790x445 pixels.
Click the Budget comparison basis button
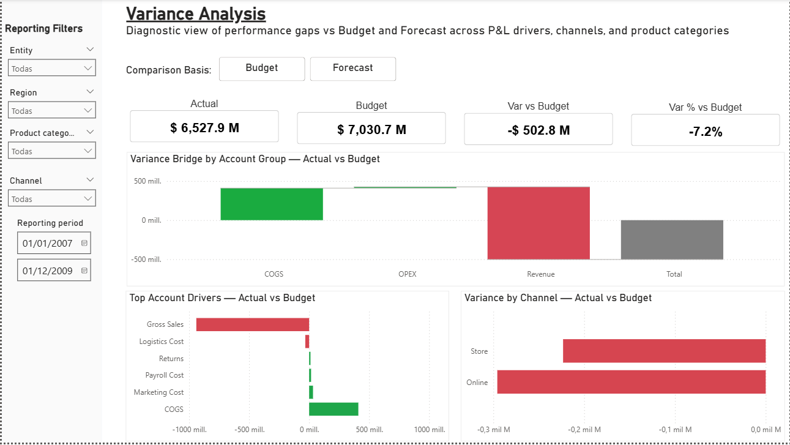click(262, 69)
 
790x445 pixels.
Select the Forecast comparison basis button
click(352, 69)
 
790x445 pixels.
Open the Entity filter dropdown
click(52, 69)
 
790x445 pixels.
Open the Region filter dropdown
click(52, 111)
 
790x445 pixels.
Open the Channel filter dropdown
click(52, 199)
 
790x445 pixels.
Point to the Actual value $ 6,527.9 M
click(204, 128)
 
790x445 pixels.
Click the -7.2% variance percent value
click(705, 131)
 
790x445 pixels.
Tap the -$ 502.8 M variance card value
click(538, 130)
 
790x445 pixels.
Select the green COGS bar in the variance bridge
click(272, 204)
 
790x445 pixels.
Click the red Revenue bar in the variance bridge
click(538, 223)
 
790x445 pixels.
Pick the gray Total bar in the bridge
click(672, 239)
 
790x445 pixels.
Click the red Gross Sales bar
click(252, 324)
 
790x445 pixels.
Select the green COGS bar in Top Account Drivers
click(334, 409)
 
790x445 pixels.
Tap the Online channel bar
click(631, 382)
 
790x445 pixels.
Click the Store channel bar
click(664, 351)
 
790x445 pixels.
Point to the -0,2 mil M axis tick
click(584, 430)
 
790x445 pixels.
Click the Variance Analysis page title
click(196, 13)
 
